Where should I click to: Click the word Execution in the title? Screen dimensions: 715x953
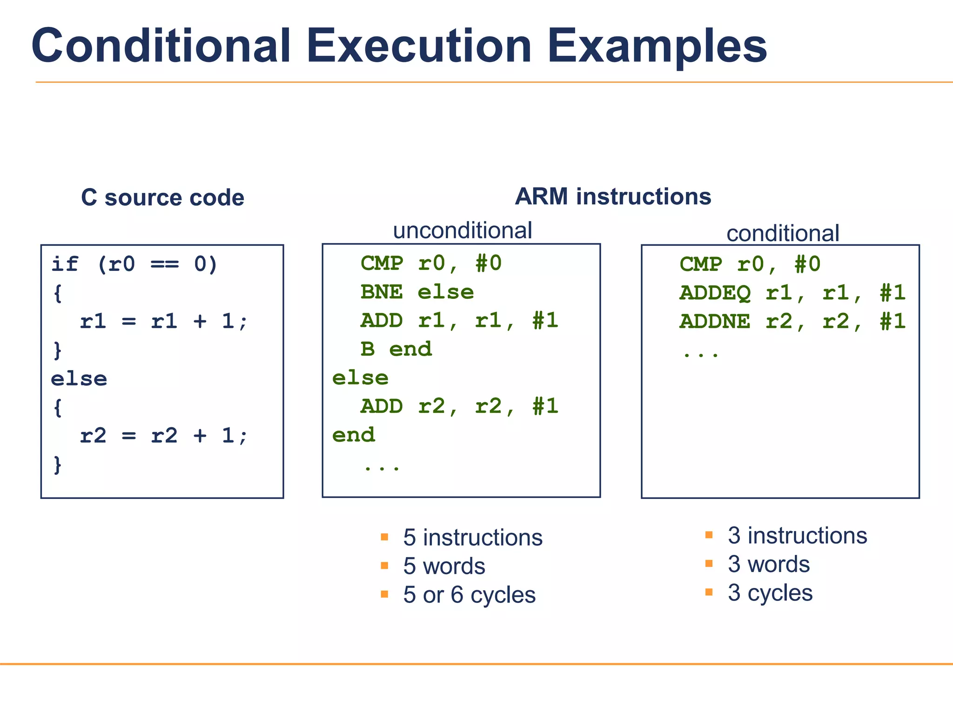point(419,46)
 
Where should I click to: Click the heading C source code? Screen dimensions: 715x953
point(162,197)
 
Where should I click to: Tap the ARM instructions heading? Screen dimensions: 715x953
point(613,196)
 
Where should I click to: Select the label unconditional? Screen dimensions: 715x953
point(462,230)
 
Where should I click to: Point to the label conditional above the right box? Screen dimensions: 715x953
point(783,233)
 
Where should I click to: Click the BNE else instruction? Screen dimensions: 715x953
point(417,292)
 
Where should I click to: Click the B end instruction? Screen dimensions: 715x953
point(396,349)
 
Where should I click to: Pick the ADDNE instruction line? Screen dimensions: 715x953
point(792,322)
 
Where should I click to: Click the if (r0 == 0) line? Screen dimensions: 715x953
point(134,264)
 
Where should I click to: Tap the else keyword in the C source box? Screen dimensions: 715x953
point(79,379)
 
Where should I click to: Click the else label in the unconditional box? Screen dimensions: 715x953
point(360,378)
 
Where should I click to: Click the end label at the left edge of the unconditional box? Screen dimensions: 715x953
point(353,435)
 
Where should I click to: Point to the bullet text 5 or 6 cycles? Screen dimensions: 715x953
point(469,595)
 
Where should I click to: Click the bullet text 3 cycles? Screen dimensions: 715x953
point(770,593)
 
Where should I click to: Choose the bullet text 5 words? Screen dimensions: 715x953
point(444,566)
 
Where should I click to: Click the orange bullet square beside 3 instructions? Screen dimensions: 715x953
point(709,535)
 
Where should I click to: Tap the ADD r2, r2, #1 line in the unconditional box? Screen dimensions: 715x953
point(459,406)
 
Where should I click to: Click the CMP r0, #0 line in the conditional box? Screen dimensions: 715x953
point(750,264)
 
